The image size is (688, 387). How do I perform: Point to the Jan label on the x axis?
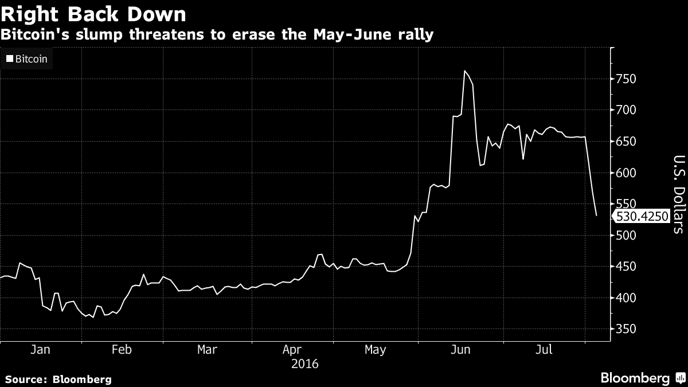tap(40, 349)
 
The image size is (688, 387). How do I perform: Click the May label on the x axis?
tap(375, 349)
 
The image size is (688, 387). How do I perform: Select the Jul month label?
tap(545, 349)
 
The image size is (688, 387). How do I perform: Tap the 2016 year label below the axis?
tap(304, 364)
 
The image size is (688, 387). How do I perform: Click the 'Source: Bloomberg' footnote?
tap(58, 379)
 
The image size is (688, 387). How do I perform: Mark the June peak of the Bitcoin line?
tap(464, 71)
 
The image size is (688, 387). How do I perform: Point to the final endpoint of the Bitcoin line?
tap(597, 216)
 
